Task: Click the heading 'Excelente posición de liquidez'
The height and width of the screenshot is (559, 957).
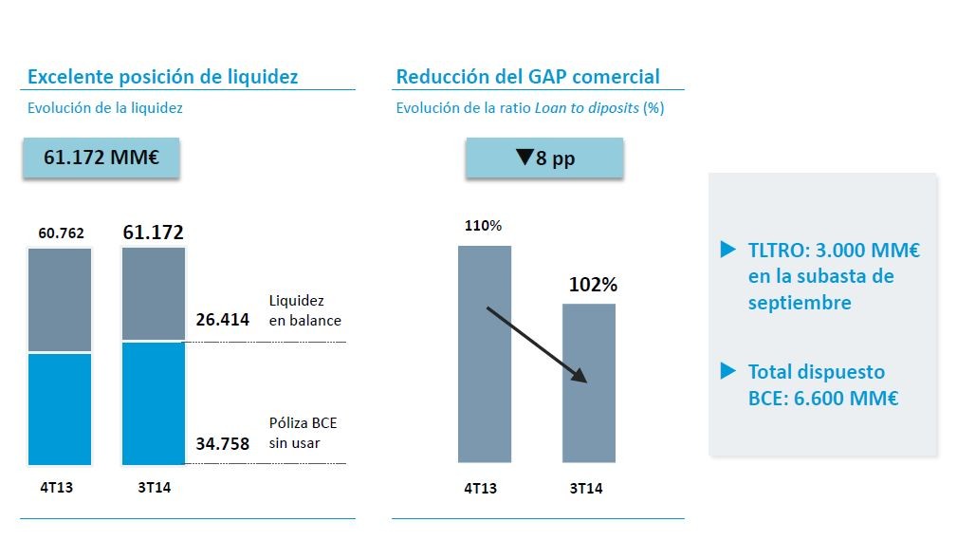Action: pyautogui.click(x=162, y=77)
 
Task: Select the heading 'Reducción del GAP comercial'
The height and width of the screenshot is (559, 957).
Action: pyautogui.click(x=527, y=77)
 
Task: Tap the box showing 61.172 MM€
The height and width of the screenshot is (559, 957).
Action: pyautogui.click(x=101, y=158)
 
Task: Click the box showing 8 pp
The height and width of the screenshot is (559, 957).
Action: pyautogui.click(x=543, y=158)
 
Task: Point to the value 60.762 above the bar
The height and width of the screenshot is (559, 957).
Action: pyautogui.click(x=60, y=233)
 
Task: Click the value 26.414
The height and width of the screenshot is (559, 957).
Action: pyautogui.click(x=222, y=320)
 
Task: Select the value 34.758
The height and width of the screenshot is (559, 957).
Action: pyautogui.click(x=222, y=442)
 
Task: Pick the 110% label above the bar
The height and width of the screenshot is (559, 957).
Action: pyautogui.click(x=483, y=226)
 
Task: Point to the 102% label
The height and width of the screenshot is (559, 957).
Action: pyautogui.click(x=593, y=284)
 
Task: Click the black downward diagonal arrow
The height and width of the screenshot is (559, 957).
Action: pyautogui.click(x=537, y=345)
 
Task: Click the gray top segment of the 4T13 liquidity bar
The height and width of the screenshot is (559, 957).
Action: pyautogui.click(x=60, y=300)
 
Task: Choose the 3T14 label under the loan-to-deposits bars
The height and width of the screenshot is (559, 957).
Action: pyautogui.click(x=586, y=489)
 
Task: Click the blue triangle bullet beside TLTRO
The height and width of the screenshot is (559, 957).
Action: pyautogui.click(x=727, y=250)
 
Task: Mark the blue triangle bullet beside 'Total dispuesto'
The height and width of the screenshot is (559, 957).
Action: pyautogui.click(x=727, y=370)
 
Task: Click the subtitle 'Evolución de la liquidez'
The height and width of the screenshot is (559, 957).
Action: pyautogui.click(x=105, y=108)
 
